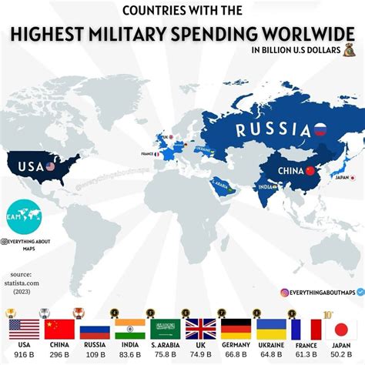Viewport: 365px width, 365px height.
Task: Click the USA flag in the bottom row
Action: tap(23, 329)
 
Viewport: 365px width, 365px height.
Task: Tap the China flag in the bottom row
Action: tap(59, 329)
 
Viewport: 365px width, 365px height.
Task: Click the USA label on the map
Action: tap(29, 166)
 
